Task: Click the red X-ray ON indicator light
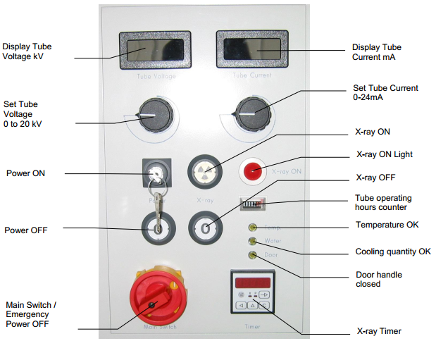coord(252,170)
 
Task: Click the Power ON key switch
coord(156,171)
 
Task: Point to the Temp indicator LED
coord(252,228)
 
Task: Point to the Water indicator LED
coord(252,241)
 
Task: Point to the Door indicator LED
coord(252,254)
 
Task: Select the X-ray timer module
coord(251,294)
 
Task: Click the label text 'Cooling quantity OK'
coord(392,252)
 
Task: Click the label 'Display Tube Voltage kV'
coord(27,51)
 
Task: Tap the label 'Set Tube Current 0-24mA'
coord(385,93)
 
